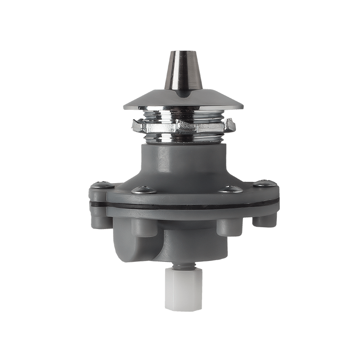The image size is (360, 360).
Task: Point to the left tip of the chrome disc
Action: (124, 107)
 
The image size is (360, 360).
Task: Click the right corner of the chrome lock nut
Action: (232, 124)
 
